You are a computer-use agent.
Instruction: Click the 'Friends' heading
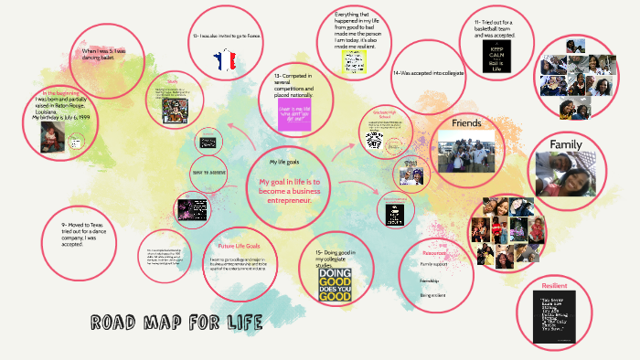(x=467, y=122)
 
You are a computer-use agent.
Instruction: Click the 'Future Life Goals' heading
(x=239, y=246)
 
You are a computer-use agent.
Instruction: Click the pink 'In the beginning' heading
(x=60, y=93)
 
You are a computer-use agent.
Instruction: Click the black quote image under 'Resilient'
(x=555, y=319)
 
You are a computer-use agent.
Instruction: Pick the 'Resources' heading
(x=434, y=251)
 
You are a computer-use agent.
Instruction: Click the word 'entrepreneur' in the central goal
(x=312, y=199)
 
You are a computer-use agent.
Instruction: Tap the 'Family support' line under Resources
(x=434, y=264)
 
